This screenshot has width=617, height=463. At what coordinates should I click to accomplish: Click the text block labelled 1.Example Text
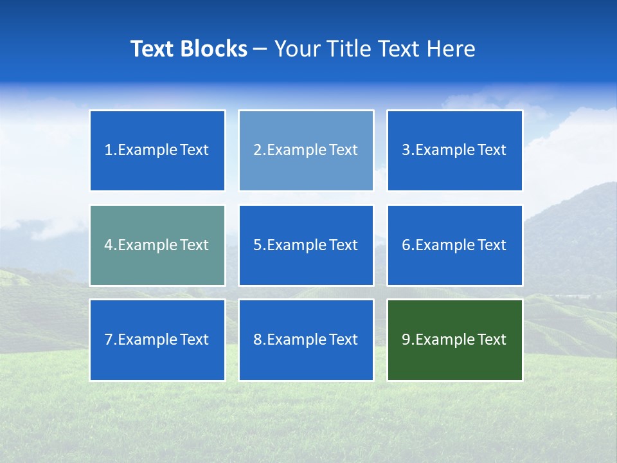[x=157, y=150]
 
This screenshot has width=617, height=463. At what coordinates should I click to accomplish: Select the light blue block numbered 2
[x=306, y=150]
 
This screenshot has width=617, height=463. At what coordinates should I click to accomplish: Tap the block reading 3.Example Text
[x=454, y=150]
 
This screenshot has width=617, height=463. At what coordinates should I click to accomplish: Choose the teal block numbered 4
[x=157, y=245]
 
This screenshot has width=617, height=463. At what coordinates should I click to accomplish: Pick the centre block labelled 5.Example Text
[x=306, y=245]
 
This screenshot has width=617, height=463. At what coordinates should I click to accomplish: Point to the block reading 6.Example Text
[x=454, y=245]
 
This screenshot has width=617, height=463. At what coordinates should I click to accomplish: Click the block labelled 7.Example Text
[x=157, y=340]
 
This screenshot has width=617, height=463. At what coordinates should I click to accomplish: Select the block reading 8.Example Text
[x=306, y=340]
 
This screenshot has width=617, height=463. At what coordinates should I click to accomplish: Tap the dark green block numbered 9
[x=454, y=340]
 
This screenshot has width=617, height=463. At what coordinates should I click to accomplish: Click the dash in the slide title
[x=260, y=49]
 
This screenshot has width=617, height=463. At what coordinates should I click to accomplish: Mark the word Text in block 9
[x=492, y=340]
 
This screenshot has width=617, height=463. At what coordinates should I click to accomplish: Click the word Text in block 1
[x=194, y=150]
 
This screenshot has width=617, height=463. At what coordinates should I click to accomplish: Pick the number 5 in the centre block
[x=257, y=245]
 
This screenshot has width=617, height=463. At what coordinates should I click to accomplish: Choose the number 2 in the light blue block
[x=257, y=150]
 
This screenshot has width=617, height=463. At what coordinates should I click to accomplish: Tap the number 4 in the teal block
[x=109, y=245]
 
